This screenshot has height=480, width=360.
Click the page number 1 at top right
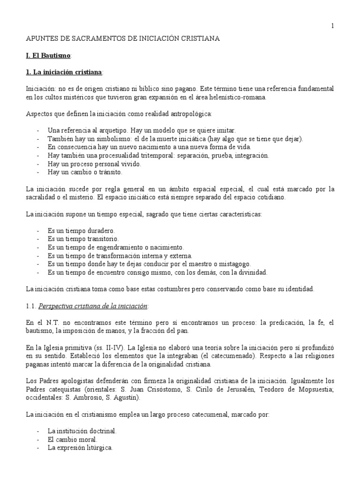(x=332, y=26)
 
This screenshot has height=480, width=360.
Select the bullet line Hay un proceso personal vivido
(x=88, y=164)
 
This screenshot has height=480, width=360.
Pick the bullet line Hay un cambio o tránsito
(x=78, y=172)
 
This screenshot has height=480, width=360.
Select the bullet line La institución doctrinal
(x=82, y=430)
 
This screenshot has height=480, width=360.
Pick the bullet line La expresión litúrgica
(x=80, y=447)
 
